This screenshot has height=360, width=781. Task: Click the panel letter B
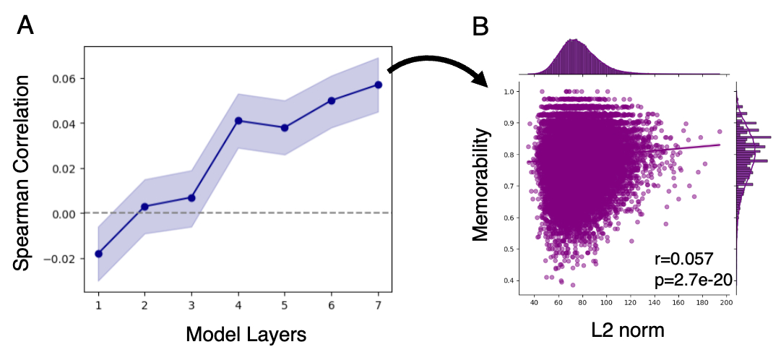click(x=480, y=27)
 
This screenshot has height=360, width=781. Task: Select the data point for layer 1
click(x=98, y=254)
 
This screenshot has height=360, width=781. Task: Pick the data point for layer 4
click(x=238, y=121)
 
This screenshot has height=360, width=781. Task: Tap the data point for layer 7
click(x=378, y=85)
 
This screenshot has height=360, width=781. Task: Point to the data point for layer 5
click(x=285, y=127)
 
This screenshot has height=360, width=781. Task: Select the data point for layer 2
click(x=144, y=207)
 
